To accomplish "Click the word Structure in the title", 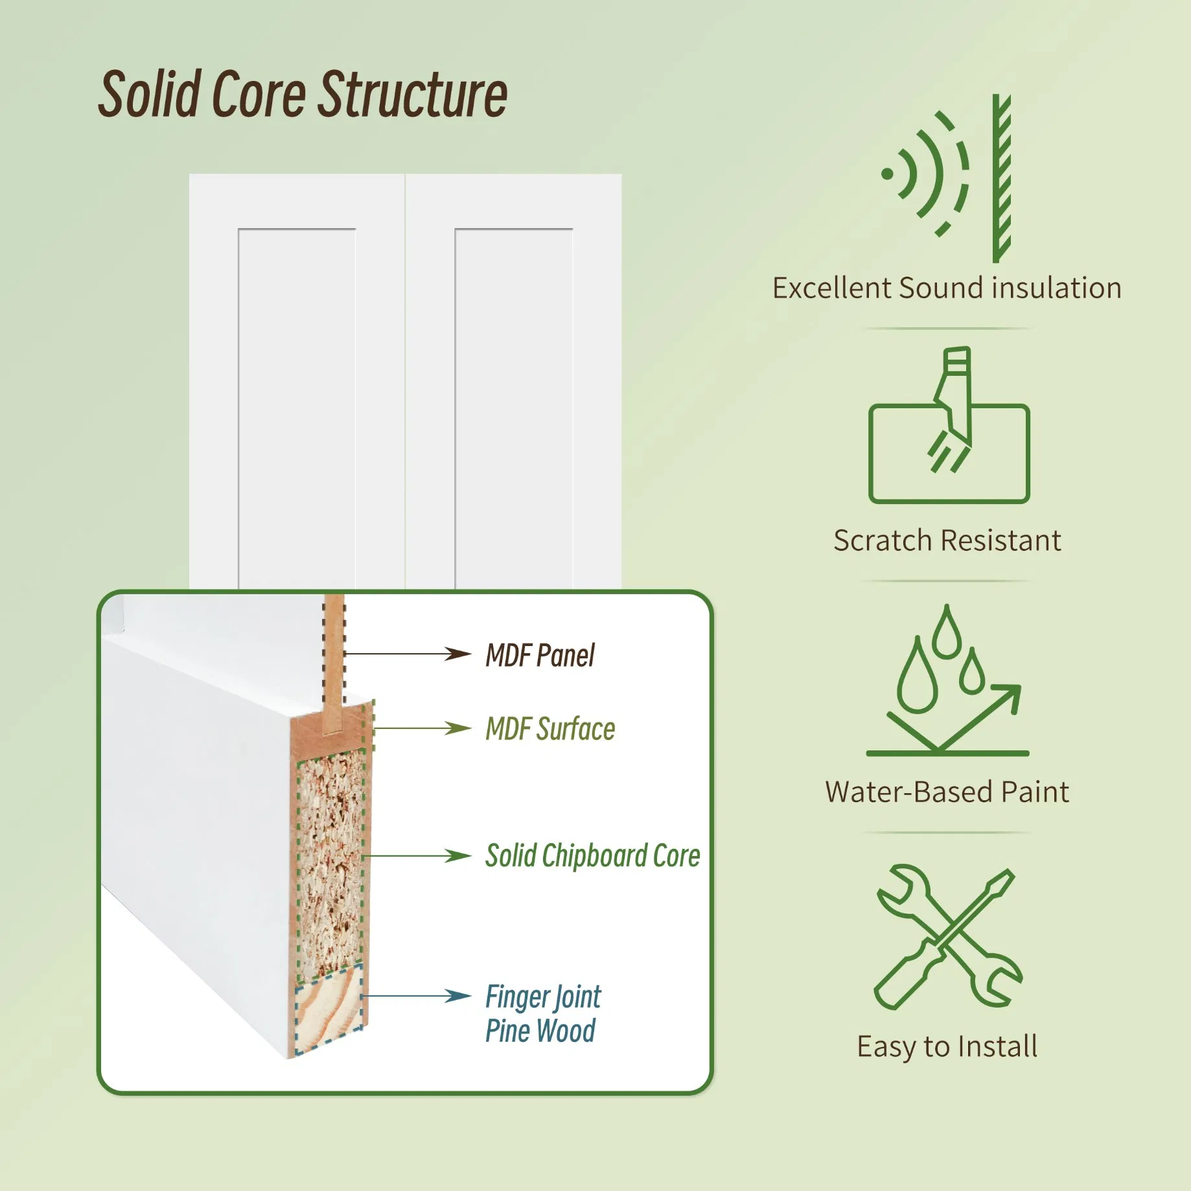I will [414, 95].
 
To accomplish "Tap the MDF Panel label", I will [540, 655].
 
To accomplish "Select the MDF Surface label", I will [550, 729].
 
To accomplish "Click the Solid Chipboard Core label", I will [592, 856].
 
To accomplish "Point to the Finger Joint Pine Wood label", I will [542, 1013].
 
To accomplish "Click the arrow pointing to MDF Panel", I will [408, 654].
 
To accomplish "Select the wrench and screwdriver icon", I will [947, 937].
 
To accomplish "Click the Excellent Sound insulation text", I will [947, 288].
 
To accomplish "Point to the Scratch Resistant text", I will [947, 540].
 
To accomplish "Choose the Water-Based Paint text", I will [947, 792].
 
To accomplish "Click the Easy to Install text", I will [947, 1046].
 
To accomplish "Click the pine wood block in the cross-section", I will [329, 1008].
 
